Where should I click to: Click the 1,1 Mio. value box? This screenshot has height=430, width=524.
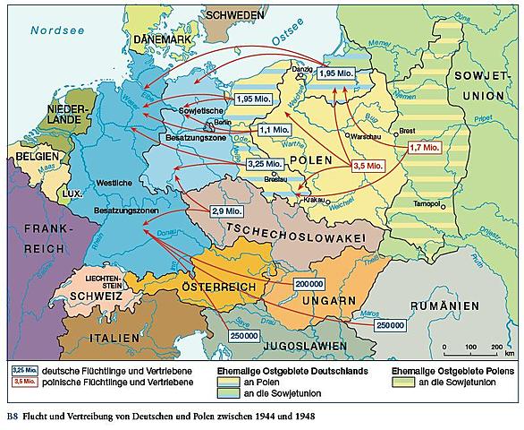(274, 130)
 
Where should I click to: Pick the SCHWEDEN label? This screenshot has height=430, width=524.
(233, 16)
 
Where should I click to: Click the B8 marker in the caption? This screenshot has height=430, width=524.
(11, 417)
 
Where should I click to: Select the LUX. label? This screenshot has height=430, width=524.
(70, 193)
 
